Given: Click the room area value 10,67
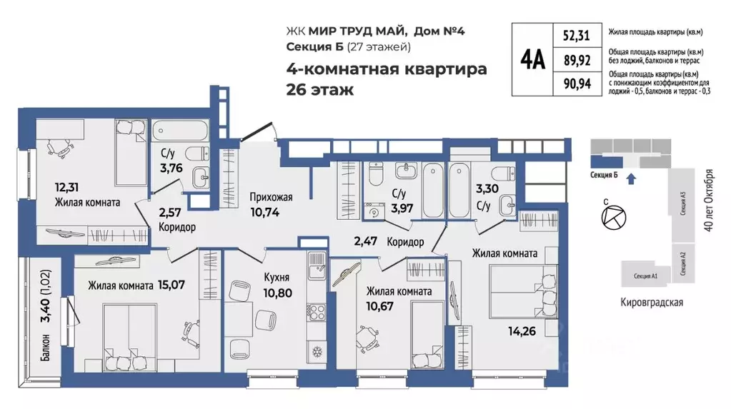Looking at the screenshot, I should coord(381,308).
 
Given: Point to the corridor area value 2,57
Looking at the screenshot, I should coord(173,212).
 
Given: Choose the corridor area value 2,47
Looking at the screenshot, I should coord(366,242).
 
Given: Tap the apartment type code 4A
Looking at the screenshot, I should coord(533,59).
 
